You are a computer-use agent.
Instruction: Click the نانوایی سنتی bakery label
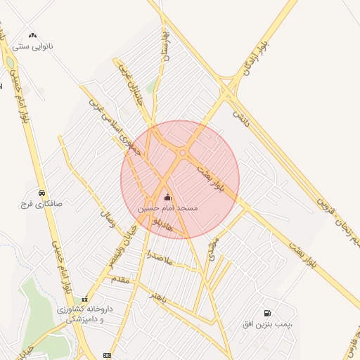point(32,46)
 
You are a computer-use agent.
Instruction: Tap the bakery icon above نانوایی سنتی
point(32,34)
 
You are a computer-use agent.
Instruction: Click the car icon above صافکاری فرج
point(41,193)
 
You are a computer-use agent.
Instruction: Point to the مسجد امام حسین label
point(167,209)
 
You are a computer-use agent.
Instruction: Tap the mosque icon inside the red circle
point(167,198)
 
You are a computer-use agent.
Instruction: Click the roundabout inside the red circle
point(183,153)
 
